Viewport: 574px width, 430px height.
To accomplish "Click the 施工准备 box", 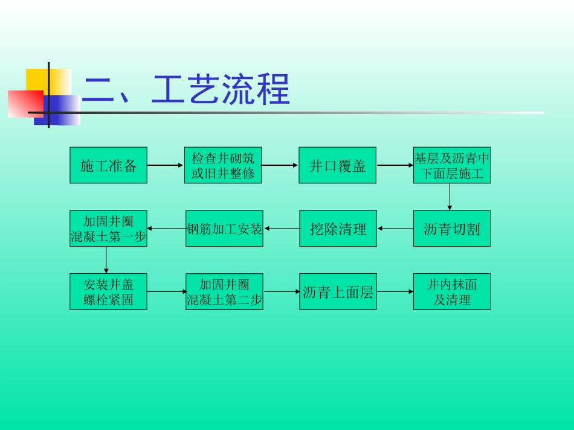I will point(108,165).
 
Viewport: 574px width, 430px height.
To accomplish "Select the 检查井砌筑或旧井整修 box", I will point(223,165).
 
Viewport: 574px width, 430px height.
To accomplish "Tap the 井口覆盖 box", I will point(338,165).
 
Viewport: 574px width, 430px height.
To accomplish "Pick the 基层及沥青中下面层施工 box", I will point(452,165).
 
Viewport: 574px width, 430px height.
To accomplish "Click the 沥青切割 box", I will point(452,229).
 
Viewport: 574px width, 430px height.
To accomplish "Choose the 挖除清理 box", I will point(338,229).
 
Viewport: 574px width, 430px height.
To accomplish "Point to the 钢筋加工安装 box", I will point(224,229).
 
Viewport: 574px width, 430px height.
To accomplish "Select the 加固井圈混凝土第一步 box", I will point(108,229).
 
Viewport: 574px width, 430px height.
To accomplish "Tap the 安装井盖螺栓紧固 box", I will point(108,292).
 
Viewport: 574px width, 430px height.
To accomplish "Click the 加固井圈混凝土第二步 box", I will point(224,292).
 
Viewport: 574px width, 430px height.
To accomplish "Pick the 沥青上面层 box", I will point(338,292).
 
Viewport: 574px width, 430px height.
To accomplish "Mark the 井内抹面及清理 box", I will point(452,292).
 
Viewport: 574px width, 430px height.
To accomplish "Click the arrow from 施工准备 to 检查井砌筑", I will point(166,165).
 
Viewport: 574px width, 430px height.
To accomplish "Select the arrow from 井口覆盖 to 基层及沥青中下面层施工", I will point(395,165).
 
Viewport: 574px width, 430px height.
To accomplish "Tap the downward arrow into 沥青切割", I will point(450,197).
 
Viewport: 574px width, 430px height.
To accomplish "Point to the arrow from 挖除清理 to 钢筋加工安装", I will point(282,229).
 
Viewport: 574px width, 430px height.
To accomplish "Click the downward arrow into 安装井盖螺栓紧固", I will point(106,260).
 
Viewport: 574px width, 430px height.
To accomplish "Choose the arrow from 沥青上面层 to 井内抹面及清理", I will point(395,292).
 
